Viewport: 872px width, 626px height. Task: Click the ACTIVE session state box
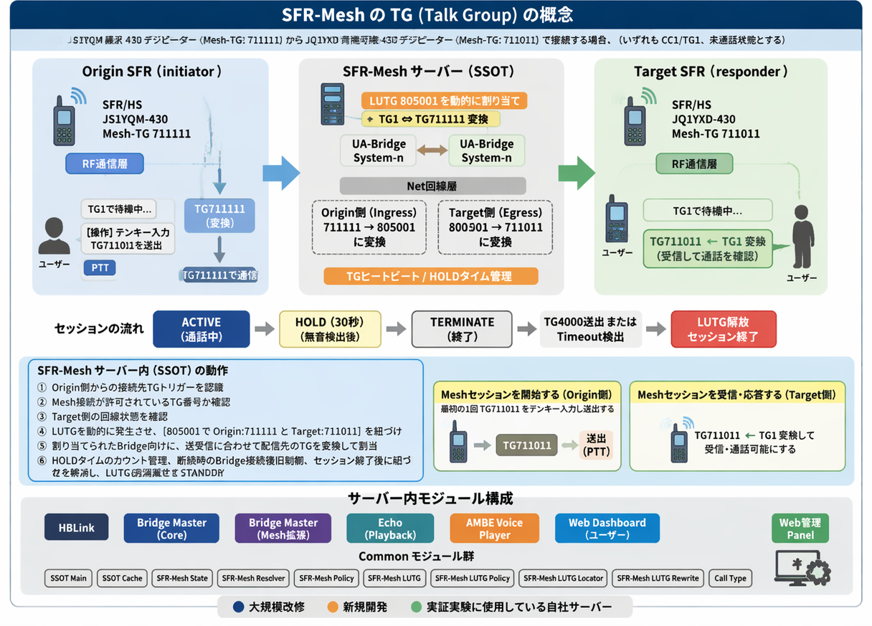pyautogui.click(x=202, y=329)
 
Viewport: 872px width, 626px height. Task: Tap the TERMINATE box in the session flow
pyautogui.click(x=462, y=329)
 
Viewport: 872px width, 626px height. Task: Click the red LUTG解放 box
pyautogui.click(x=723, y=329)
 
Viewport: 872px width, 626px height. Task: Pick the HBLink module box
pyautogui.click(x=76, y=528)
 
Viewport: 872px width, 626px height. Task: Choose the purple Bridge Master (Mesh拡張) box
pyautogui.click(x=283, y=528)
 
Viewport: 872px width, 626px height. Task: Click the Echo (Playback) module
pyautogui.click(x=390, y=528)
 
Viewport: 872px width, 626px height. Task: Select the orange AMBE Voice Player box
pyautogui.click(x=495, y=528)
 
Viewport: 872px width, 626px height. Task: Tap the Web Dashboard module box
pyautogui.click(x=607, y=528)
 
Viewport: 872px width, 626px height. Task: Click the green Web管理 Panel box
pyautogui.click(x=800, y=528)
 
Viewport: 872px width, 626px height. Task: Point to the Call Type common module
pyautogui.click(x=730, y=578)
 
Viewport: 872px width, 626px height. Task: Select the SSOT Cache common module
pyautogui.click(x=122, y=578)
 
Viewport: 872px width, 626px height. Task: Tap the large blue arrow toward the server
pyautogui.click(x=281, y=173)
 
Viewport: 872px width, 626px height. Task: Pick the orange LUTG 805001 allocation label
pyautogui.click(x=444, y=100)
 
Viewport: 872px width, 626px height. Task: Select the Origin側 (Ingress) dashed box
pyautogui.click(x=369, y=227)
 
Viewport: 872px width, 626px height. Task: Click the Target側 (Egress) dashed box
pyautogui.click(x=496, y=227)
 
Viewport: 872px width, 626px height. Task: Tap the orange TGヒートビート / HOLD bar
pyautogui.click(x=430, y=276)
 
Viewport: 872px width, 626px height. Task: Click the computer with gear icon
pyautogui.click(x=802, y=566)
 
